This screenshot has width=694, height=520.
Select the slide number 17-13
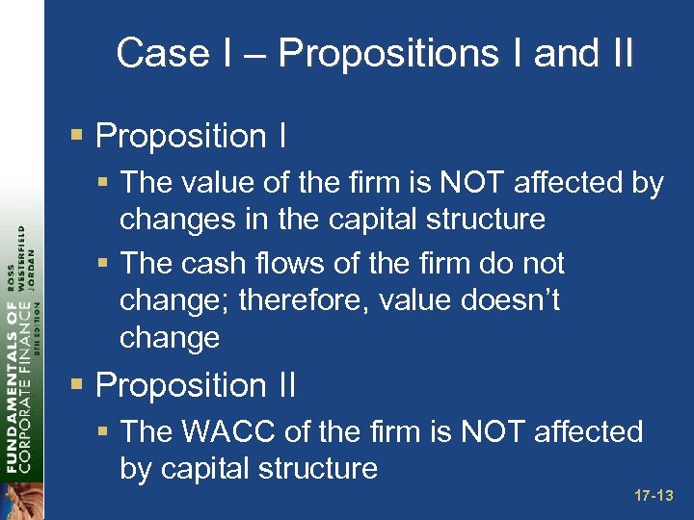654,497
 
